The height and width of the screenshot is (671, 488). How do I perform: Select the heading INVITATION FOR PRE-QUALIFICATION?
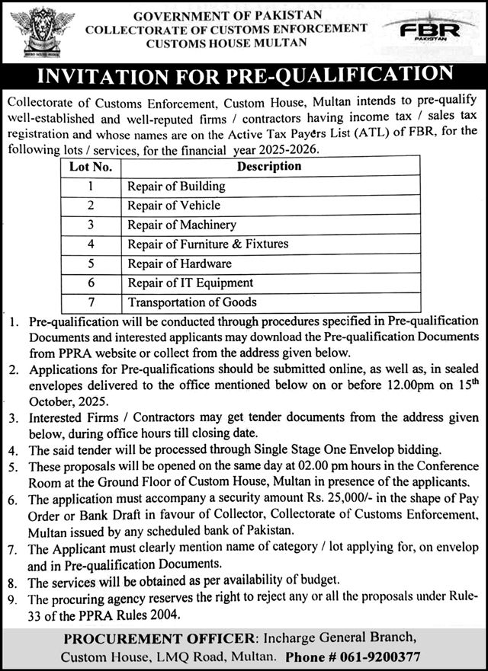(x=244, y=77)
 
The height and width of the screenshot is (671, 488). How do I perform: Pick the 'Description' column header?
(x=269, y=166)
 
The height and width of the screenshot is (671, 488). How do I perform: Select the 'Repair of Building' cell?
(x=176, y=186)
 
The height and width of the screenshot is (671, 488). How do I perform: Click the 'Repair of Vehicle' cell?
(x=174, y=205)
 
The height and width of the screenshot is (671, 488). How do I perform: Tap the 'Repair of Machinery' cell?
(x=181, y=225)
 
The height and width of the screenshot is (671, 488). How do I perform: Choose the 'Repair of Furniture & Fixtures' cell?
(x=207, y=244)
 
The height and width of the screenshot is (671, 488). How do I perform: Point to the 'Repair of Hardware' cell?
(x=179, y=264)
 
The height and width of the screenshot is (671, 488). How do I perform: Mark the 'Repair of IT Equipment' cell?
(x=190, y=283)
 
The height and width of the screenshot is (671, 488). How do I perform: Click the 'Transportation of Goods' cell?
(x=192, y=302)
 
